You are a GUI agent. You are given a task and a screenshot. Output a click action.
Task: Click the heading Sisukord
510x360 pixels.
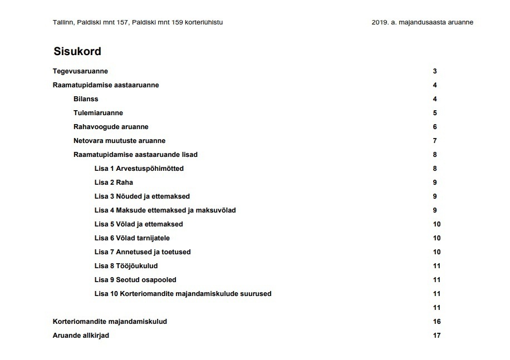click(77, 52)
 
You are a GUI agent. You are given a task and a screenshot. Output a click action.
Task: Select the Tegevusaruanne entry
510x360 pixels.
click(80, 71)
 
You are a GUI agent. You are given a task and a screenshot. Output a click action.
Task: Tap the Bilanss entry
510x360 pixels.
click(86, 99)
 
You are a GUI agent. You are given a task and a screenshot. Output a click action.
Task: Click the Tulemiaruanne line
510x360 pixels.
click(98, 113)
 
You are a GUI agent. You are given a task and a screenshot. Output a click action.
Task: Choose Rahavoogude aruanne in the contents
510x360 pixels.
click(111, 127)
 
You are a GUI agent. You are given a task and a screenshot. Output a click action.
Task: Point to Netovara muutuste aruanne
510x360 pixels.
click(119, 141)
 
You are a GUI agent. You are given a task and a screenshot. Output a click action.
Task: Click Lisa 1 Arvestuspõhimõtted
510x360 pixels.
click(139, 169)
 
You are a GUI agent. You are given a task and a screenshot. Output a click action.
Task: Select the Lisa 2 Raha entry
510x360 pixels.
click(114, 183)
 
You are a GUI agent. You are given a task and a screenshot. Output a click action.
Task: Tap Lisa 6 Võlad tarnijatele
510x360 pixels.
click(132, 238)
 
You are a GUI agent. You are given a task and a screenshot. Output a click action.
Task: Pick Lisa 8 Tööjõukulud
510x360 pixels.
click(126, 266)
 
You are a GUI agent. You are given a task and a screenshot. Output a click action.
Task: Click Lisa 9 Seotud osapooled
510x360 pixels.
click(135, 280)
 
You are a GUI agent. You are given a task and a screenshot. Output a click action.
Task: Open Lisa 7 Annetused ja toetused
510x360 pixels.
click(143, 252)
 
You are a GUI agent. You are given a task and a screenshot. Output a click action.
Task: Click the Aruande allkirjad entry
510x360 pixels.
click(81, 336)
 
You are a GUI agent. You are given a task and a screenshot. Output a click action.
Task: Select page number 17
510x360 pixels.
click(437, 336)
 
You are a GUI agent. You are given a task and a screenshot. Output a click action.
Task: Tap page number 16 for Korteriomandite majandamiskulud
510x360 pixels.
click(437, 322)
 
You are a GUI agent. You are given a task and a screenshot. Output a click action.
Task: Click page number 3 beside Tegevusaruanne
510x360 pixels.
click(435, 71)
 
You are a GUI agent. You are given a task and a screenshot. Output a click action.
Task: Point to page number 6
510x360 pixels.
click(435, 127)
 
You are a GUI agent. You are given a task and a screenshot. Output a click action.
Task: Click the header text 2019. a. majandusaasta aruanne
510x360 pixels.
click(422, 22)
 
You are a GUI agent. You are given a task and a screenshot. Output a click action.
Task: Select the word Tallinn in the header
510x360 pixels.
click(63, 22)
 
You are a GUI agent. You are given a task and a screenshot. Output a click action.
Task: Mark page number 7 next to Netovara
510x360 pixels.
click(435, 141)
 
